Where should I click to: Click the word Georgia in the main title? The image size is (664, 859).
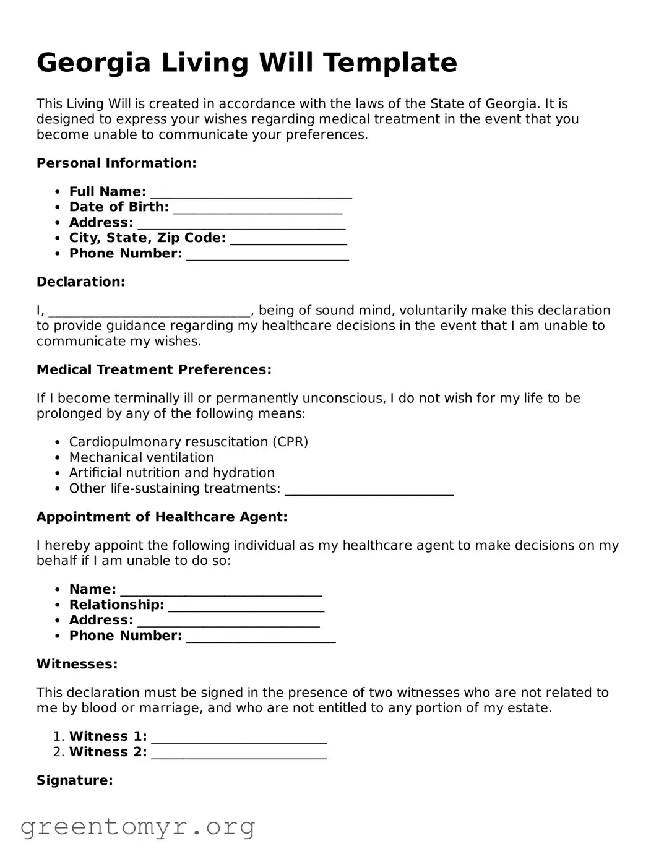[93, 63]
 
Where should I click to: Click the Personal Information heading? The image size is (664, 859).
[116, 163]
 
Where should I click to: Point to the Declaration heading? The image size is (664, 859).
[80, 282]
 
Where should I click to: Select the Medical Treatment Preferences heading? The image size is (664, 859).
[153, 370]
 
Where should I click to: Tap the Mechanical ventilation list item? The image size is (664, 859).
[141, 457]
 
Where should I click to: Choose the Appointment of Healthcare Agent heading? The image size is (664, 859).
[162, 517]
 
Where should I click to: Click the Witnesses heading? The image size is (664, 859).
[77, 665]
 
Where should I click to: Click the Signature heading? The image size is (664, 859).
[74, 781]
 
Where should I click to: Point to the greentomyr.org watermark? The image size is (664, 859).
[137, 827]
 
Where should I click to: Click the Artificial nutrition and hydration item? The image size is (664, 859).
[171, 473]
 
